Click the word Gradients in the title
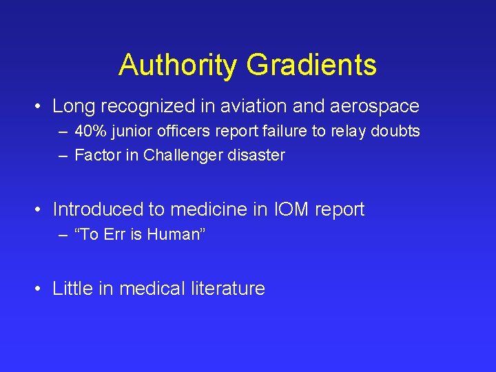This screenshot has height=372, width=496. coord(311,65)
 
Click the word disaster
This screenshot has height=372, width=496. coord(259,155)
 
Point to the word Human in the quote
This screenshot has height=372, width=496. coord(175,234)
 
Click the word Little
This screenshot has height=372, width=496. coord(72,288)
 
